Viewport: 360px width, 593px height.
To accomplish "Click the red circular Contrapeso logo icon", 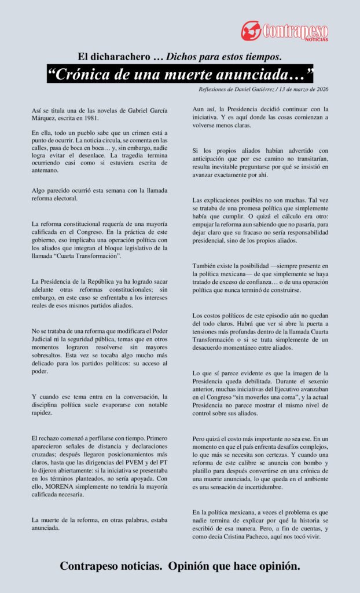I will pos(252,30).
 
